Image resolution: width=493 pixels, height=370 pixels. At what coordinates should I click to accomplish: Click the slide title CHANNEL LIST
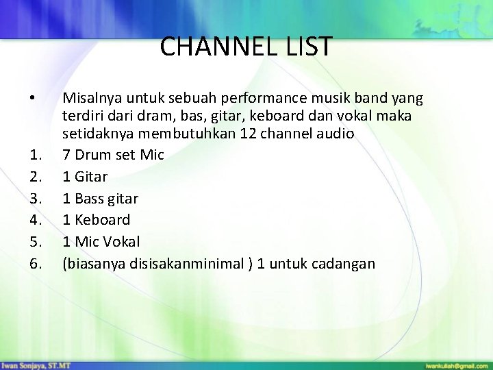pyautogui.click(x=246, y=47)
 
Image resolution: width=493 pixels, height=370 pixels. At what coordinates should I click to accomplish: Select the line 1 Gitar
pyautogui.click(x=85, y=177)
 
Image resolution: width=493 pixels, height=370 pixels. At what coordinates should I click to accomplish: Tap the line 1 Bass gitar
pyautogui.click(x=100, y=199)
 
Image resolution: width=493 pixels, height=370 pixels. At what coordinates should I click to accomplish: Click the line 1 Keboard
pyautogui.click(x=96, y=220)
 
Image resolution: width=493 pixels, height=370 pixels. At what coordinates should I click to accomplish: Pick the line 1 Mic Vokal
pyautogui.click(x=101, y=241)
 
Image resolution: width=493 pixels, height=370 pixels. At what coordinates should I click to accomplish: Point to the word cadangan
pyautogui.click(x=345, y=264)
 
